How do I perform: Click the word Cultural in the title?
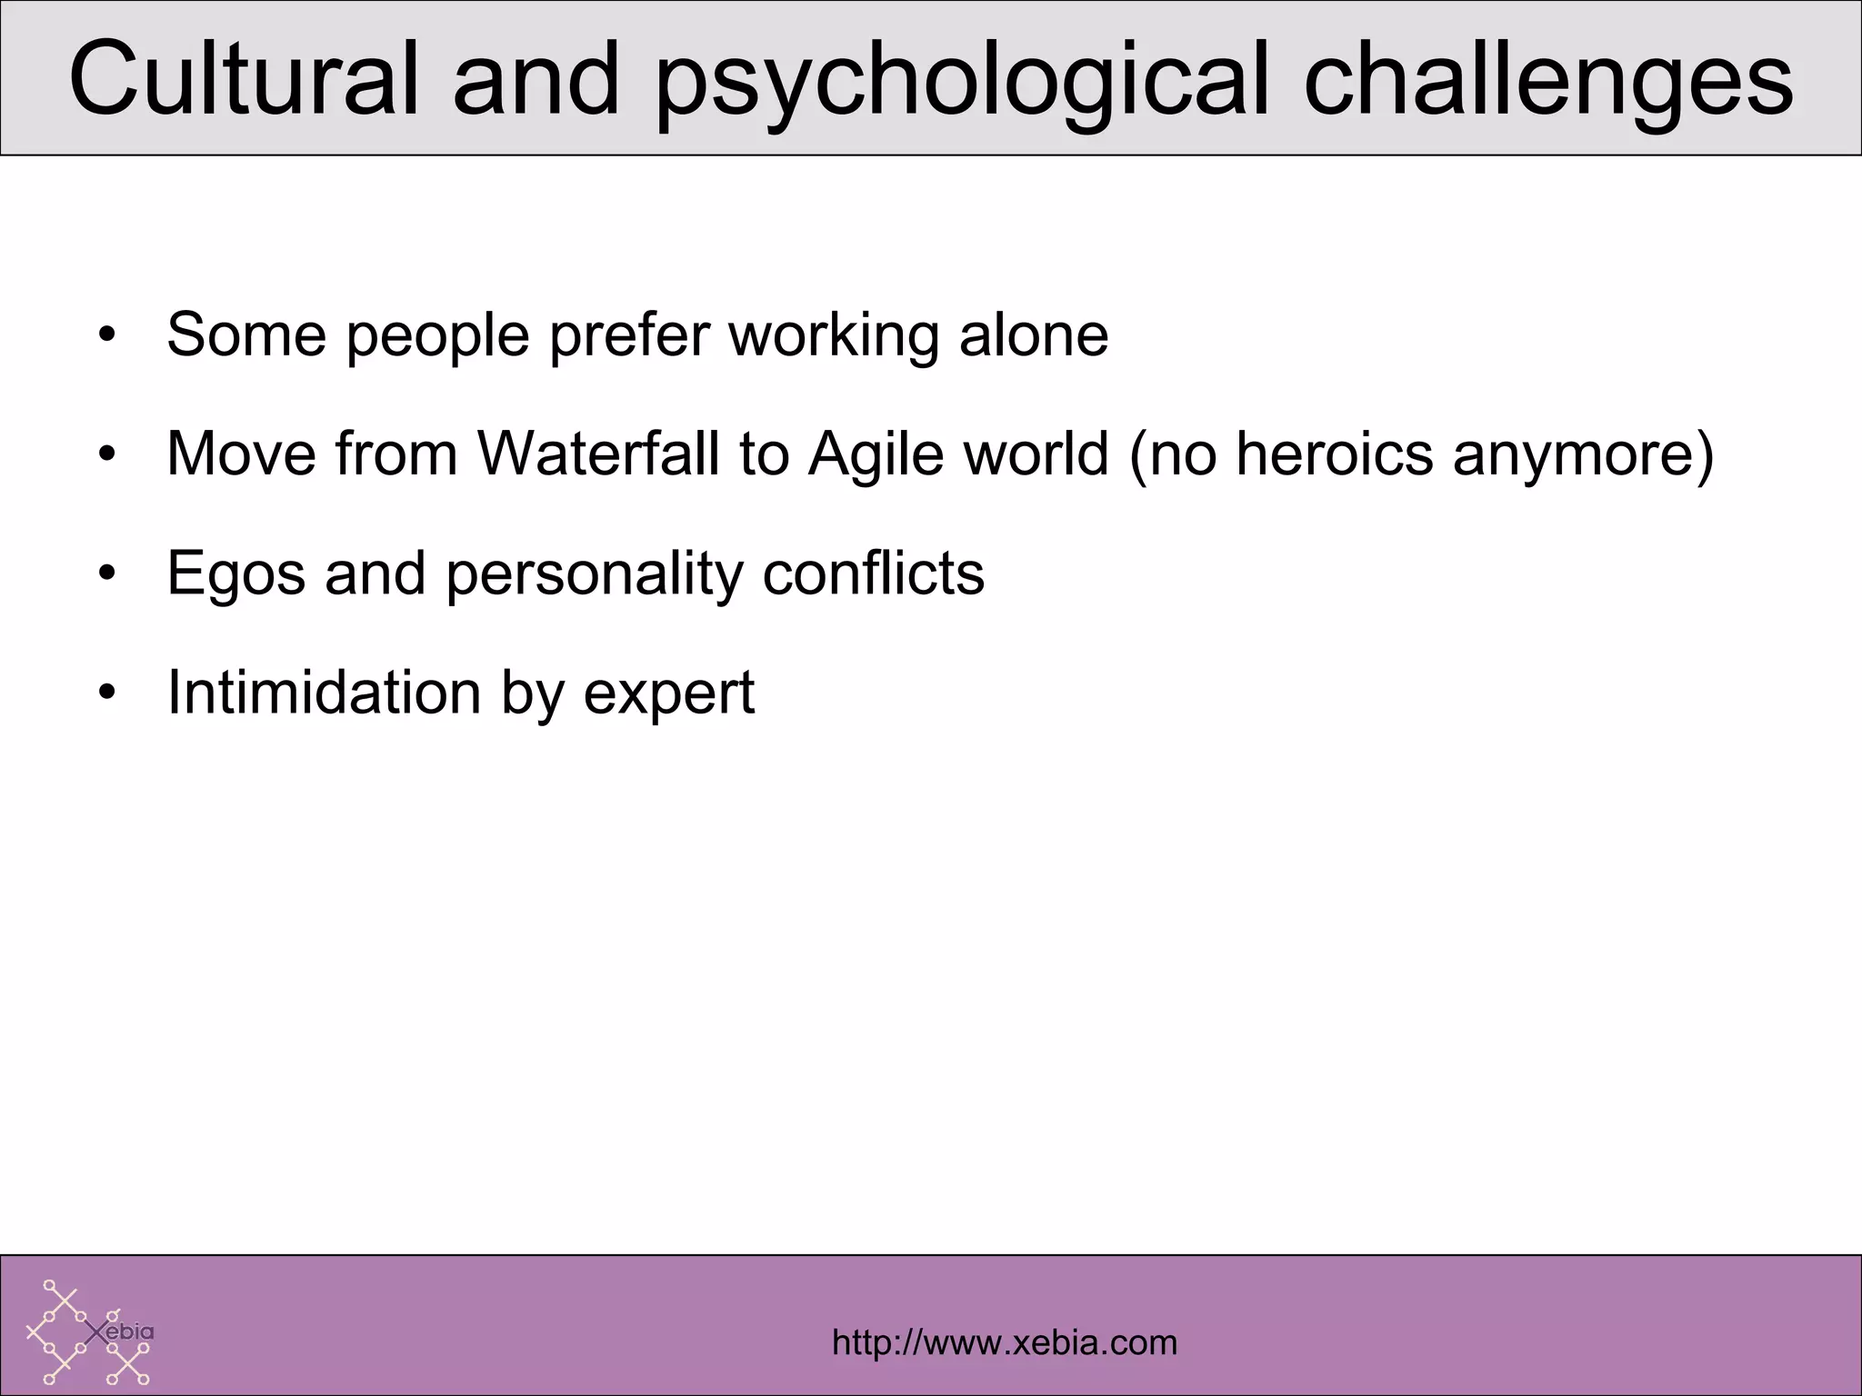(243, 80)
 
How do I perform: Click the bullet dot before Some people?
(108, 336)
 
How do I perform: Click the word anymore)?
(1583, 454)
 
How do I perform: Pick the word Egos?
(235, 573)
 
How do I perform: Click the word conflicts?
(873, 573)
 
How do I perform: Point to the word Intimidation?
(323, 693)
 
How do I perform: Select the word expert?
(668, 694)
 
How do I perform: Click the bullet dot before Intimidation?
(108, 694)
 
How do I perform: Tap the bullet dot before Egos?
(108, 575)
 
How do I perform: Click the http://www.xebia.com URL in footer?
(1004, 1342)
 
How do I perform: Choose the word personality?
(594, 573)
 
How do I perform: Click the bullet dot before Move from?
(108, 455)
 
